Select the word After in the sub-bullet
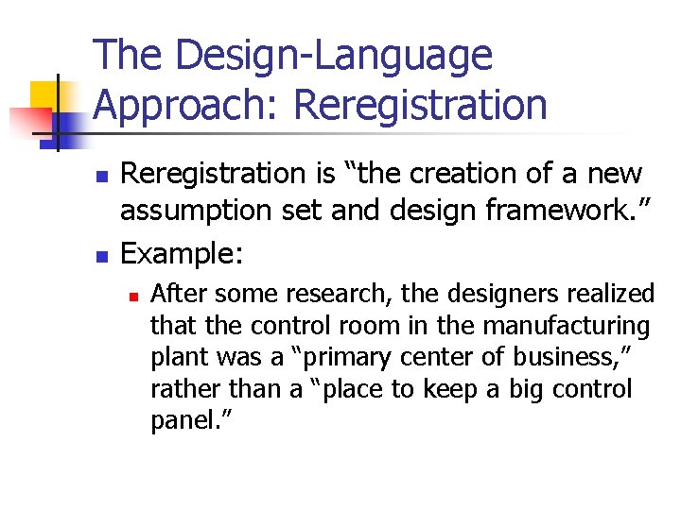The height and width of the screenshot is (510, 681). (175, 295)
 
